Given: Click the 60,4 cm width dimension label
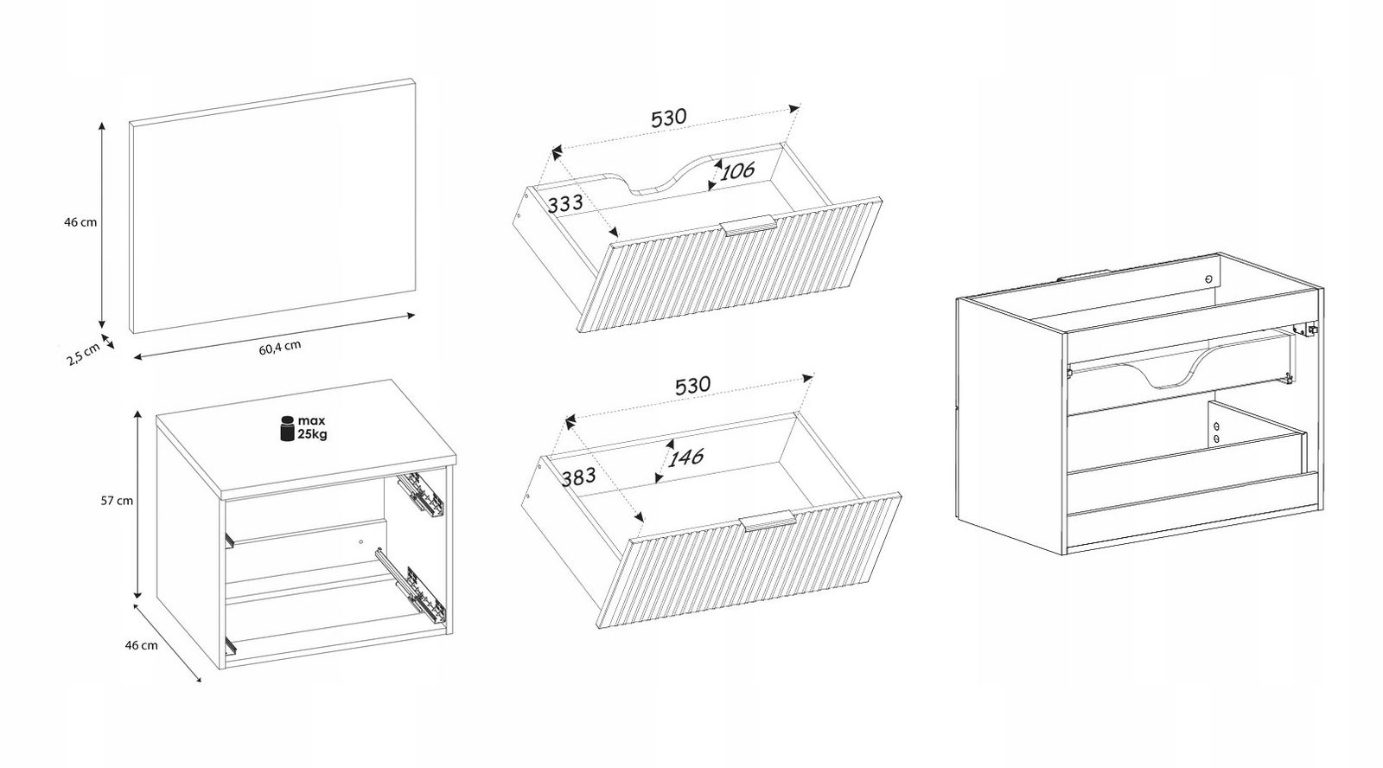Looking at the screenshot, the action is click(x=280, y=347).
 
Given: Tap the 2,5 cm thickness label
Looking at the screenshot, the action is click(x=83, y=355).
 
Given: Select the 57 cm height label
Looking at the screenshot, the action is click(x=117, y=501).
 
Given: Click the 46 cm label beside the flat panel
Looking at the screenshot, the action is click(x=80, y=222).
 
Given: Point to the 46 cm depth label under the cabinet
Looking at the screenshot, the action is click(x=142, y=646).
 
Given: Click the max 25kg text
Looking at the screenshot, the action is click(x=312, y=427).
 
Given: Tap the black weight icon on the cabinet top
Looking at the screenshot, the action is click(x=287, y=429).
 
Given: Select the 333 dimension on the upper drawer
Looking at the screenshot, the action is click(x=565, y=203).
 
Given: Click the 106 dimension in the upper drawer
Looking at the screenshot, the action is click(x=738, y=170).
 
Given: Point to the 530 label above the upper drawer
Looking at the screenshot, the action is click(x=669, y=118).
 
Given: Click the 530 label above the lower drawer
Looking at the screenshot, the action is click(x=692, y=386).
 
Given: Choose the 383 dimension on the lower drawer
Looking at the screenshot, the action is click(x=578, y=477).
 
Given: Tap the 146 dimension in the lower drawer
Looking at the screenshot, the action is click(x=686, y=458).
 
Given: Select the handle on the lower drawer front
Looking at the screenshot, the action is click(x=768, y=521).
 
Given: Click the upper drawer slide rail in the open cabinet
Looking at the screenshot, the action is click(x=421, y=495).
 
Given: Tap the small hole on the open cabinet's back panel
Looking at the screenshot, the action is click(x=361, y=542).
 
